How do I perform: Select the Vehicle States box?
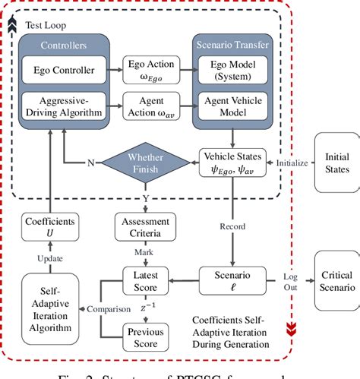(232, 162)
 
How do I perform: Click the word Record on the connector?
(232, 226)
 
